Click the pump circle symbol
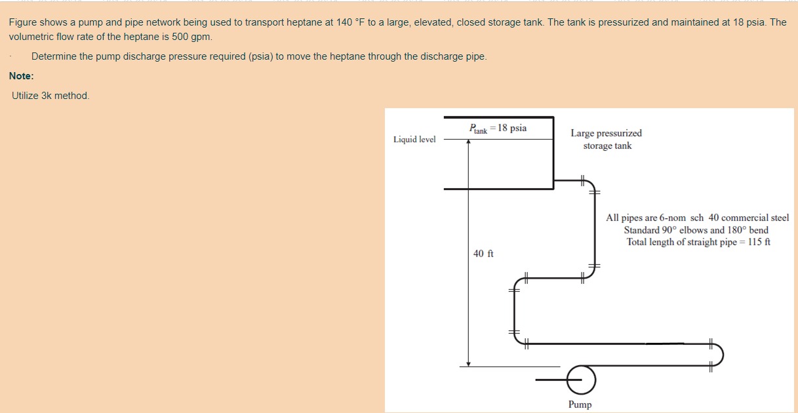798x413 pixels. (x=580, y=379)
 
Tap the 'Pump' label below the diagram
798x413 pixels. (x=580, y=404)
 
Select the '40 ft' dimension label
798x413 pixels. (x=483, y=254)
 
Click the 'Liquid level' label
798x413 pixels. (x=414, y=139)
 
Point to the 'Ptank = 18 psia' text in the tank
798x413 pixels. (x=498, y=128)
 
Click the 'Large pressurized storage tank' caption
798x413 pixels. (x=607, y=139)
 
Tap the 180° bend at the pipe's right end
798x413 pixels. (x=719, y=355)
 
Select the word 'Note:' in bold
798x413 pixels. (x=22, y=76)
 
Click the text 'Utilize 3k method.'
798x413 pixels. (x=50, y=96)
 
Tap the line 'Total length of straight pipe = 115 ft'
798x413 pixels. (x=698, y=242)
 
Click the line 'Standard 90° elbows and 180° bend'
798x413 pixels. (x=696, y=230)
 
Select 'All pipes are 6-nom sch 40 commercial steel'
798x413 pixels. (x=697, y=218)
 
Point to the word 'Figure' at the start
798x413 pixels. (x=23, y=22)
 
